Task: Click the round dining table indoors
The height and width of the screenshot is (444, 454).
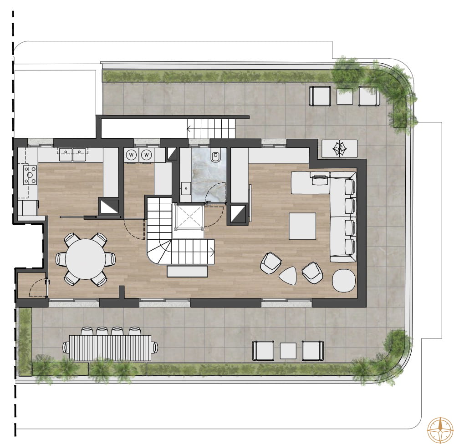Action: click(86, 259)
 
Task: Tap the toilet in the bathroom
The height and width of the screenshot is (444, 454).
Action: click(215, 155)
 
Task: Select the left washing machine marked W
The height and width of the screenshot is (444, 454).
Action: click(131, 155)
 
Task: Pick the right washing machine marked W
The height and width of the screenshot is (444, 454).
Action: click(147, 155)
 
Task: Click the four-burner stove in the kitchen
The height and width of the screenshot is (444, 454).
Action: click(30, 175)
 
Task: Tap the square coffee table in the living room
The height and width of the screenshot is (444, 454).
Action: click(302, 226)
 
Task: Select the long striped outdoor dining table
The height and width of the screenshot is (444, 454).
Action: click(110, 348)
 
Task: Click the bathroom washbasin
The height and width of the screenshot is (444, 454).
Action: click(185, 189)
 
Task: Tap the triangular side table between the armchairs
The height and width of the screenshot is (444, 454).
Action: click(288, 275)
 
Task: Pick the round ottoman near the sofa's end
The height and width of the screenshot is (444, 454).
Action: click(344, 280)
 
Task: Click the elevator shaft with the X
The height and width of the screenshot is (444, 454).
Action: click(189, 217)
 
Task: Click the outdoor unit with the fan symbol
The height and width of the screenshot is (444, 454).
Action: click(340, 149)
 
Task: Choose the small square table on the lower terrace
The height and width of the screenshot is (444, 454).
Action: click(288, 351)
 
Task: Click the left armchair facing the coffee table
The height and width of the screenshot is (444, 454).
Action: click(271, 262)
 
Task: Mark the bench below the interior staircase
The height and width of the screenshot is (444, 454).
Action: click(187, 272)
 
